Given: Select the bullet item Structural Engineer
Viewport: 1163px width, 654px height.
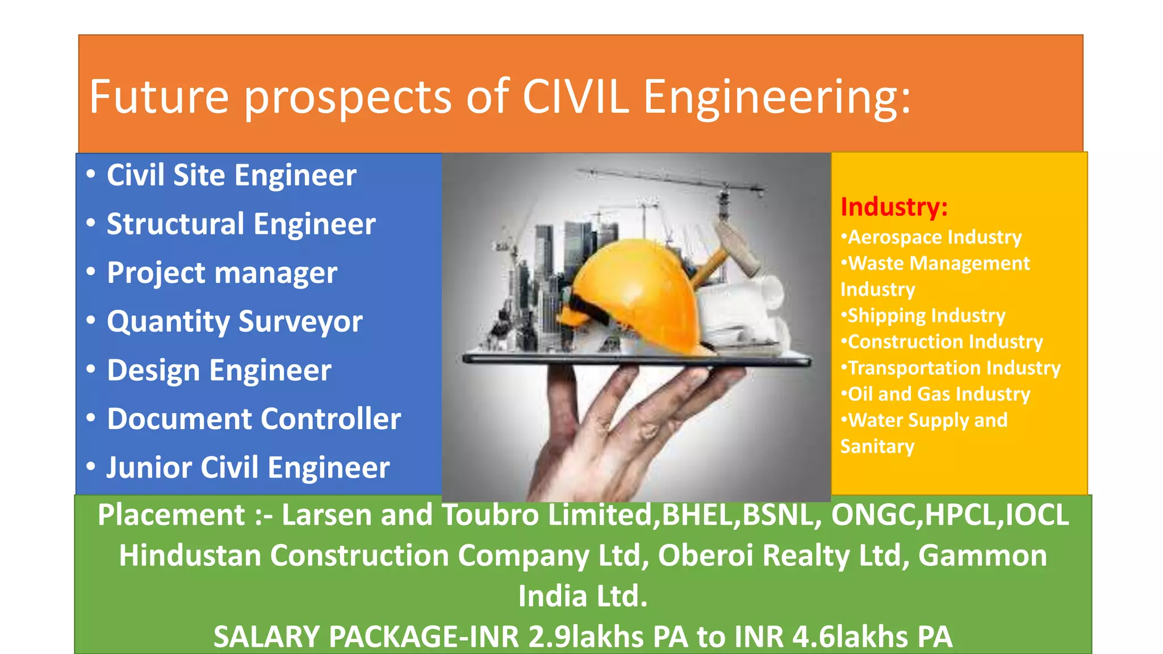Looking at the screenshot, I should pyautogui.click(x=241, y=224).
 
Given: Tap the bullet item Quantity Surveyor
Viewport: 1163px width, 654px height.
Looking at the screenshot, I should pyautogui.click(x=235, y=321).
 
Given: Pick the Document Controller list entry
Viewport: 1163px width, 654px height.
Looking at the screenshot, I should pyautogui.click(x=254, y=419).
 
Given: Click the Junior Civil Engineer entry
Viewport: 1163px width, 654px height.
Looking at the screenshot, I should pyautogui.click(x=248, y=468).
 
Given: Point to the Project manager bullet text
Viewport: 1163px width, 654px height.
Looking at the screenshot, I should pyautogui.click(x=222, y=273).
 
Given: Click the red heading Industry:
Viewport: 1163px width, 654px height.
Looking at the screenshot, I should pyautogui.click(x=894, y=207).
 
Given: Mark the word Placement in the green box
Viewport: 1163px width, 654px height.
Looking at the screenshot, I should pyautogui.click(x=171, y=515).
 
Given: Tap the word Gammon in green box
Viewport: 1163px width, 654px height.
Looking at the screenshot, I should pyautogui.click(x=982, y=555).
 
